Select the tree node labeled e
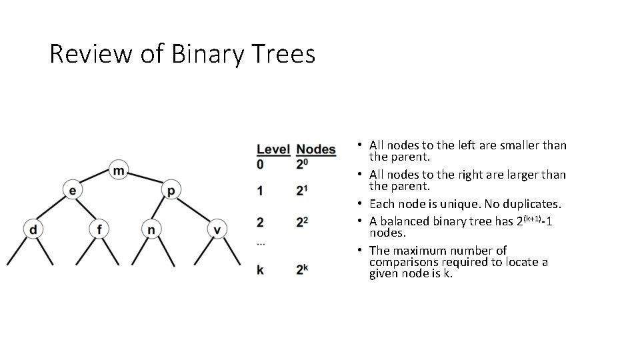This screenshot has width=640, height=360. coord(72,191)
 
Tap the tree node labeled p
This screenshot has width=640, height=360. coord(171,191)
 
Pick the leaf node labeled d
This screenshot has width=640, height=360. coord(33,230)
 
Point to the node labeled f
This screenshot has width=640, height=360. coord(99,230)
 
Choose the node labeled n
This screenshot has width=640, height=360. coord(151,230)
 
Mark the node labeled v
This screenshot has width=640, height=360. coord(217,230)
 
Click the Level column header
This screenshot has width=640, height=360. coord(273,149)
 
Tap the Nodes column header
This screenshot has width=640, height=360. coord(316,149)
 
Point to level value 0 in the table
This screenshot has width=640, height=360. coord(260,164)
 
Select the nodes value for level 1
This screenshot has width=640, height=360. coord(303,191)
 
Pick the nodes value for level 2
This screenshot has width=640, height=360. coord(303,221)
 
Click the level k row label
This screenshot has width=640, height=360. coord(260,270)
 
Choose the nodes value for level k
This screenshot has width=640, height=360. coord(303,269)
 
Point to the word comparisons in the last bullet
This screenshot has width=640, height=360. coord(402,262)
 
